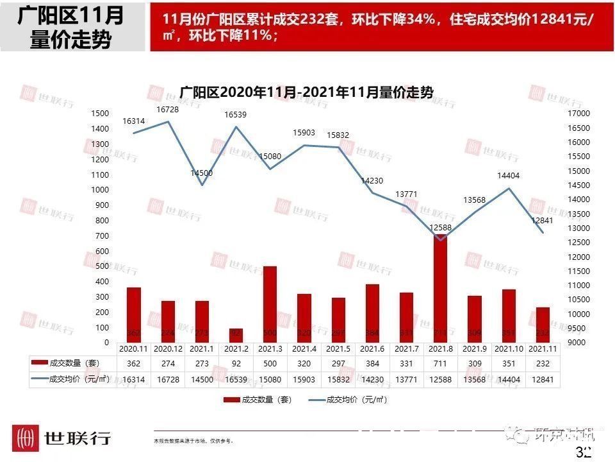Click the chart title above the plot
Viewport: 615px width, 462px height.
pyautogui.click(x=306, y=92)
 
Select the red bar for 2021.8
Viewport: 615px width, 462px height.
pyautogui.click(x=440, y=289)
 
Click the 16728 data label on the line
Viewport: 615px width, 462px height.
pyautogui.click(x=168, y=110)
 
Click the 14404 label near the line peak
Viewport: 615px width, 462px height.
pyautogui.click(x=510, y=175)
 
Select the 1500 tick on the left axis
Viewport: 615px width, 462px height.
pyautogui.click(x=100, y=113)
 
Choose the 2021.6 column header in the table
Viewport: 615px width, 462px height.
pyautogui.click(x=372, y=349)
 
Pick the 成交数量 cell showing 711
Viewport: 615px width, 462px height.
pyautogui.click(x=441, y=363)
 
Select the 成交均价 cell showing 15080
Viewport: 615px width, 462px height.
pyautogui.click(x=270, y=380)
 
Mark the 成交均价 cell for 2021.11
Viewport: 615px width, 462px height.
pyautogui.click(x=543, y=380)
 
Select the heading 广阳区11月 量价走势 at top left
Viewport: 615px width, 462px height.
pyautogui.click(x=71, y=27)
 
